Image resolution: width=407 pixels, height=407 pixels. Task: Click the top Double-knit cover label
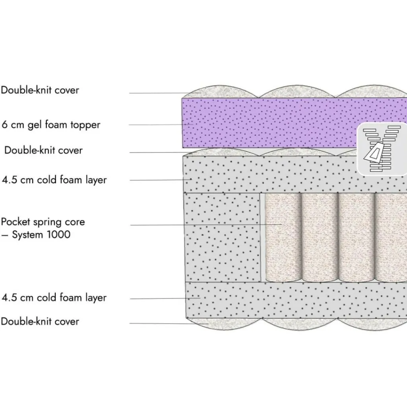[40, 90]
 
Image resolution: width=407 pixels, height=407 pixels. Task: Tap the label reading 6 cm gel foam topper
[51, 125]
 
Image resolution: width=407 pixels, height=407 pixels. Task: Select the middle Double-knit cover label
[44, 150]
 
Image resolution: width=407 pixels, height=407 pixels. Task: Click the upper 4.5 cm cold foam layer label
[54, 180]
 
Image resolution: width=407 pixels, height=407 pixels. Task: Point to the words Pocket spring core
[43, 222]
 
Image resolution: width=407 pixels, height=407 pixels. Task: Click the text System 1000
[41, 235]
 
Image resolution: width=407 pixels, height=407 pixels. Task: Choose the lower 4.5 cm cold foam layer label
[54, 297]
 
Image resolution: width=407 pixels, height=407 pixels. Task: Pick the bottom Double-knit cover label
[40, 321]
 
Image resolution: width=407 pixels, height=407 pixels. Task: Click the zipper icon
[382, 149]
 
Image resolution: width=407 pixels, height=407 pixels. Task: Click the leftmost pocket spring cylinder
[283, 237]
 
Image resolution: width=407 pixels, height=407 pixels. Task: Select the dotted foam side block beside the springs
[222, 237]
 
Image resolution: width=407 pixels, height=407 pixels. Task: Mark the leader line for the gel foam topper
[161, 124]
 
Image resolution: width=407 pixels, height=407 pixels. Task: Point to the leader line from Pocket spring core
[206, 225]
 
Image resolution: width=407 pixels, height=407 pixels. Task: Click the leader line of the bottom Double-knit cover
[169, 324]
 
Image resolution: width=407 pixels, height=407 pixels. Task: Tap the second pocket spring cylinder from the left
[320, 237]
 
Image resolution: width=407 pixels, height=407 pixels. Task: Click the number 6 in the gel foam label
[4, 124]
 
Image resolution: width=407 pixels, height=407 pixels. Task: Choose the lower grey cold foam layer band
[296, 300]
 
